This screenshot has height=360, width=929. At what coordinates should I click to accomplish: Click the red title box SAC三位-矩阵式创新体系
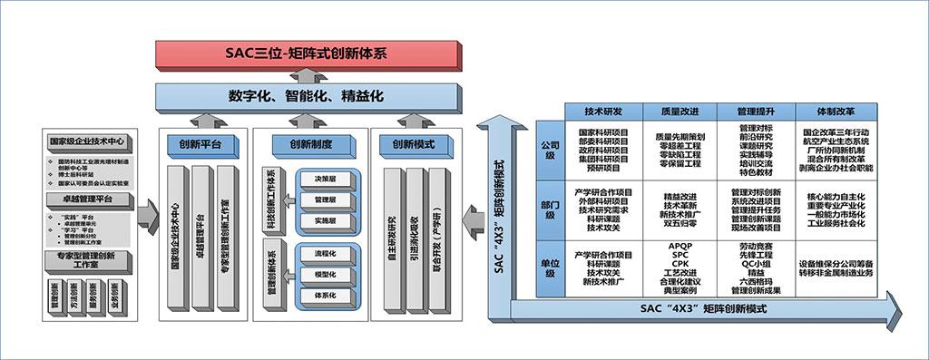[306, 54]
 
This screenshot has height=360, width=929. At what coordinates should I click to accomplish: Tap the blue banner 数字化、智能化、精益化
[306, 95]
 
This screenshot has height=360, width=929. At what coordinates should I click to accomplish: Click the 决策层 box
[325, 180]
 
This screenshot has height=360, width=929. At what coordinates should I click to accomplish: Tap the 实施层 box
[325, 220]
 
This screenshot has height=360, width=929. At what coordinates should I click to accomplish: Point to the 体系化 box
[325, 295]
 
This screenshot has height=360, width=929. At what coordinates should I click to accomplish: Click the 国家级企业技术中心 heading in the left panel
[87, 141]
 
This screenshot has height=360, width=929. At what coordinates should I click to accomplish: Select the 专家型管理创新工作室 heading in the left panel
[87, 262]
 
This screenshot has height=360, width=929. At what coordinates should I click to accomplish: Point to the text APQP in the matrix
[680, 245]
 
